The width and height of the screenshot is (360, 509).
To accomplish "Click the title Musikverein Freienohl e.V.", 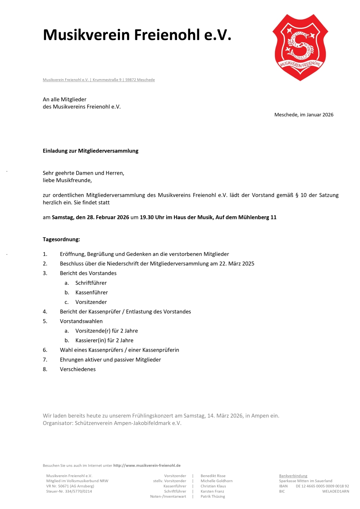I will [x=137, y=35].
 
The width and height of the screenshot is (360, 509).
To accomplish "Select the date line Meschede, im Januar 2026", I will [x=304, y=115].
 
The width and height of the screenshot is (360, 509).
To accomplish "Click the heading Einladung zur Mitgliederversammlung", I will [x=90, y=151].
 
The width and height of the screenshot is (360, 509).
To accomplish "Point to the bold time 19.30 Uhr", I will [x=152, y=217].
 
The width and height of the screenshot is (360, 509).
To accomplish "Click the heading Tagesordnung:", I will [x=61, y=240].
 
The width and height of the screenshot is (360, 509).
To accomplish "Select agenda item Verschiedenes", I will [x=78, y=369].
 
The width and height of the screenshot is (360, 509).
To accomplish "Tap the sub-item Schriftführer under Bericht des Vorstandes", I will [x=91, y=283].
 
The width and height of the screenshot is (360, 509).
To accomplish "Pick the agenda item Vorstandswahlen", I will [x=81, y=321].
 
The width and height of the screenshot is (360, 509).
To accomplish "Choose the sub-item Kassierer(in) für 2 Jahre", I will [x=104, y=340].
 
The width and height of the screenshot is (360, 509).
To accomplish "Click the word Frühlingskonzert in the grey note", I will [x=148, y=416].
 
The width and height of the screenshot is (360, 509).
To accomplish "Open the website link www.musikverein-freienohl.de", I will [x=147, y=466].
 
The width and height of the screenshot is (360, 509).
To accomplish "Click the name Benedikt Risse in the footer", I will [x=213, y=476].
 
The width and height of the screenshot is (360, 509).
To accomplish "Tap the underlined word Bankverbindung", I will [x=293, y=476].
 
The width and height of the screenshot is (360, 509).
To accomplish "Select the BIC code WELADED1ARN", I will [x=335, y=491].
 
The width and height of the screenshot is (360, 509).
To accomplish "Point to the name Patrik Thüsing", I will [x=213, y=497].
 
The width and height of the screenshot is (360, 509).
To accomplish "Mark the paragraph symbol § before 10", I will [x=297, y=195].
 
